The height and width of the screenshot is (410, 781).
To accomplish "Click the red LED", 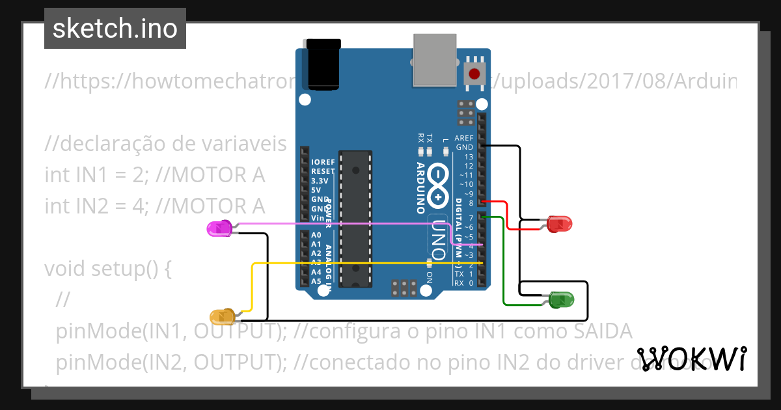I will (x=560, y=224).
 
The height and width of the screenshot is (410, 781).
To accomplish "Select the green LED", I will (x=561, y=300).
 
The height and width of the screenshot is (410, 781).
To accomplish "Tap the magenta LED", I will (x=219, y=228).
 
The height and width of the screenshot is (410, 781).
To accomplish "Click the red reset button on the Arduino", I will (x=475, y=73).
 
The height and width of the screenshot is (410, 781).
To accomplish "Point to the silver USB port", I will (x=434, y=60).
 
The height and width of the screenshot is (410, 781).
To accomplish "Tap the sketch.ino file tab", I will (x=115, y=29).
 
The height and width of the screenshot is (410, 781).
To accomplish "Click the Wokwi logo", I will (x=691, y=359).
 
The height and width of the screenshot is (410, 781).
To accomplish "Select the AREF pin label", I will (x=464, y=138).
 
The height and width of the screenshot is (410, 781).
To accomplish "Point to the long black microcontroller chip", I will (x=356, y=217).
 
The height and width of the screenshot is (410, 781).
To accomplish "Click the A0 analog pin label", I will (x=316, y=235).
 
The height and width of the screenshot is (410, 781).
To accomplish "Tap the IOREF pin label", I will (x=323, y=162).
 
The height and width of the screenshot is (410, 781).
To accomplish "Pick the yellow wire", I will (x=364, y=263).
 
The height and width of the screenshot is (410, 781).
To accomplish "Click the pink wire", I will (x=351, y=223).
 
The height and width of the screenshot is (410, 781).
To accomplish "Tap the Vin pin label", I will (x=318, y=217).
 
